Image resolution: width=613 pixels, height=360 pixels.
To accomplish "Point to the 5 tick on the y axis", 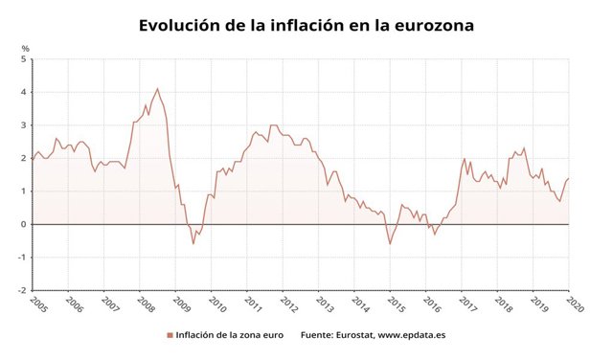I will (x=26, y=59).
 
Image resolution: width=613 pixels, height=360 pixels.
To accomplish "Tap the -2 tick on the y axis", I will (x=24, y=290).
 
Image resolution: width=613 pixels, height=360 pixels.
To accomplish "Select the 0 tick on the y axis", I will (x=26, y=224).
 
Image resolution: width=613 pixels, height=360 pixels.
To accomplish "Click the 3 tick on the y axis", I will (x=26, y=125).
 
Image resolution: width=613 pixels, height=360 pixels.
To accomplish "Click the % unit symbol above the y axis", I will (x=26, y=48).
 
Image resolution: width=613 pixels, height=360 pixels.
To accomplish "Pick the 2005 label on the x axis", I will (x=37, y=304).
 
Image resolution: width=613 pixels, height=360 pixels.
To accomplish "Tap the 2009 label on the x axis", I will (x=180, y=304).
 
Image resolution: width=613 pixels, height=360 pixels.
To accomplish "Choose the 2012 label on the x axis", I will (x=287, y=304).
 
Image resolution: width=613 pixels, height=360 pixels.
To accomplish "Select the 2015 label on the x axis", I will (x=395, y=304).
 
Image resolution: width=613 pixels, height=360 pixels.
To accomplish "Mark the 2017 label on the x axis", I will (x=466, y=304).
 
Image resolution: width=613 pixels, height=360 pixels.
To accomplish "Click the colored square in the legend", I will (x=170, y=335).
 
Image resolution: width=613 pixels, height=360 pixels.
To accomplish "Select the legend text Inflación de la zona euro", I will (x=230, y=335).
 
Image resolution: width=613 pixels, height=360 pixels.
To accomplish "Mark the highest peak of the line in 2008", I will (x=157, y=89).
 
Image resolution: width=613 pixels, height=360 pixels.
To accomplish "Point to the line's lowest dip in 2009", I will (x=193, y=243).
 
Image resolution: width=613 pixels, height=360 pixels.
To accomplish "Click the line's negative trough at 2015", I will (x=390, y=243).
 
